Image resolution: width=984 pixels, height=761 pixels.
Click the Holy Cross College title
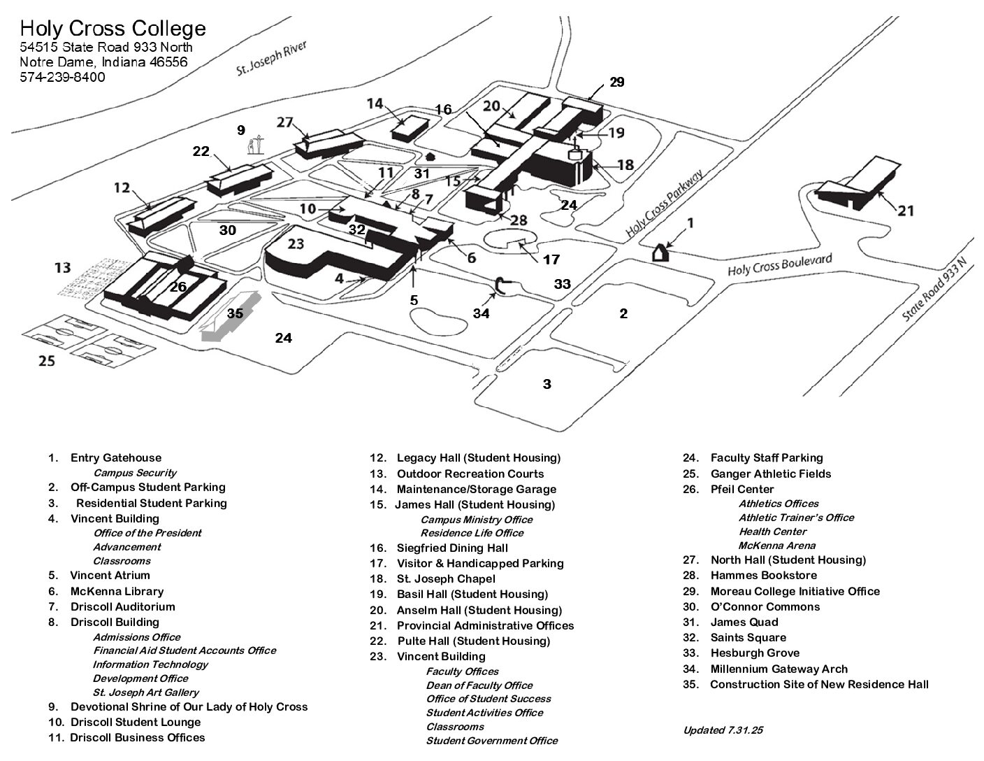pos(113,28)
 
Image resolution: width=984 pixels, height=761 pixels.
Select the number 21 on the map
pos(906,210)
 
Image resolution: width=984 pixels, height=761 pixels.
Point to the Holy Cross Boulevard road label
pos(779,266)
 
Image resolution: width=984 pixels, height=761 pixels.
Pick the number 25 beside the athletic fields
pos(46,361)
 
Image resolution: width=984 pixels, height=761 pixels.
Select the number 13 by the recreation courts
pos(63,267)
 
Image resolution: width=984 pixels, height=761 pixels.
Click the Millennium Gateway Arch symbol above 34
pos(501,285)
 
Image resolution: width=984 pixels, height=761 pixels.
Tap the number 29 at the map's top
pos(616,82)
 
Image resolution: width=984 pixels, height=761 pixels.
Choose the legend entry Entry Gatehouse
pos(115,458)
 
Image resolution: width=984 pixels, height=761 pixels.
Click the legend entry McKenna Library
pos(117,591)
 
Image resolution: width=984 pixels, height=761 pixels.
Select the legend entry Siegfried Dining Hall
pos(452,548)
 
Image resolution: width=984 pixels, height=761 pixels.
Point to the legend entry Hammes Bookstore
pos(763,575)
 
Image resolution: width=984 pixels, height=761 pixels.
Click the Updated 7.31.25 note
pos(723,730)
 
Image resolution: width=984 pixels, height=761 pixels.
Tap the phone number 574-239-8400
pos(62,77)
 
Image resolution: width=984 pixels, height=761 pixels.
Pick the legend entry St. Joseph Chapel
pos(446,578)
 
